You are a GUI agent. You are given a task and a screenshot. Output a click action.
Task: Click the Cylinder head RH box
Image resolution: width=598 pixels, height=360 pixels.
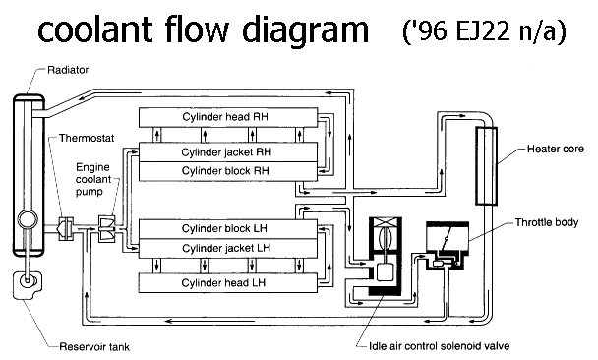click(x=228, y=117)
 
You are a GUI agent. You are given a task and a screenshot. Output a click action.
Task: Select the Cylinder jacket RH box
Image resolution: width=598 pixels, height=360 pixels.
click(x=228, y=152)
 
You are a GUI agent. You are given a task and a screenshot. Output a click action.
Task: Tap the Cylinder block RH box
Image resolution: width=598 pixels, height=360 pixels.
click(x=228, y=171)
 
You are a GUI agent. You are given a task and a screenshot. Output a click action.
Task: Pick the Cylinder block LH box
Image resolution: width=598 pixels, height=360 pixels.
click(x=228, y=229)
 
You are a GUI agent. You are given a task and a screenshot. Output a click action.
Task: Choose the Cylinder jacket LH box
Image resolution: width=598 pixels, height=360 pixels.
click(x=228, y=249)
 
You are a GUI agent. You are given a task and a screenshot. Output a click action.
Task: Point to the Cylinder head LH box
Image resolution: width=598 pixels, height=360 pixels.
click(x=228, y=283)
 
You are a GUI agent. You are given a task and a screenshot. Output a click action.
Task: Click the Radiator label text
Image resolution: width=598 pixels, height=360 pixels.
click(x=68, y=70)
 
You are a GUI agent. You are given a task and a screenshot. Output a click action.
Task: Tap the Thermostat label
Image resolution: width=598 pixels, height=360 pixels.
click(x=87, y=138)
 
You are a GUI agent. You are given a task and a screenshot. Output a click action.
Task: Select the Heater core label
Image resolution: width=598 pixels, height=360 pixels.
click(x=556, y=149)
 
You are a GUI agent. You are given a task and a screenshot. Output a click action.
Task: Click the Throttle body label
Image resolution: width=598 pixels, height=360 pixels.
click(x=547, y=222)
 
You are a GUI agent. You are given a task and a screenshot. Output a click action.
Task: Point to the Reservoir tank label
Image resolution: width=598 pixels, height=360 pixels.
click(x=94, y=347)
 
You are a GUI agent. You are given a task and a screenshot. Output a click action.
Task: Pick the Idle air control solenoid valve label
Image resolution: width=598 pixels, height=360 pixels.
click(x=440, y=346)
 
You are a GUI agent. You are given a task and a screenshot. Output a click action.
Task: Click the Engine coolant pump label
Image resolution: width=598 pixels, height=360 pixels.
click(x=93, y=179)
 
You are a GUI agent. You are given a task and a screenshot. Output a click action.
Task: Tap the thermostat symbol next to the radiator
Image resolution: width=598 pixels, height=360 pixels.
click(x=65, y=229)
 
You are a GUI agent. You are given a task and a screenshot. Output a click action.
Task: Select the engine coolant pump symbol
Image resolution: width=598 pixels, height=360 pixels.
click(x=107, y=229)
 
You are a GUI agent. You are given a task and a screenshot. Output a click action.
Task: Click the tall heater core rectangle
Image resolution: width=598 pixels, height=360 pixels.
click(x=486, y=166)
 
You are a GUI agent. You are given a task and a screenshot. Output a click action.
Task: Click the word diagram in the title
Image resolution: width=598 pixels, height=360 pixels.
click(x=306, y=30)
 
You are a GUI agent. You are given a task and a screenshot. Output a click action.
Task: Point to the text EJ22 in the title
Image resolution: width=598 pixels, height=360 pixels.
click(x=483, y=30)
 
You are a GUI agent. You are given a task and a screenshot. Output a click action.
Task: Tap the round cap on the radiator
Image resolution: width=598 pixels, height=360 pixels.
click(x=28, y=220)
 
